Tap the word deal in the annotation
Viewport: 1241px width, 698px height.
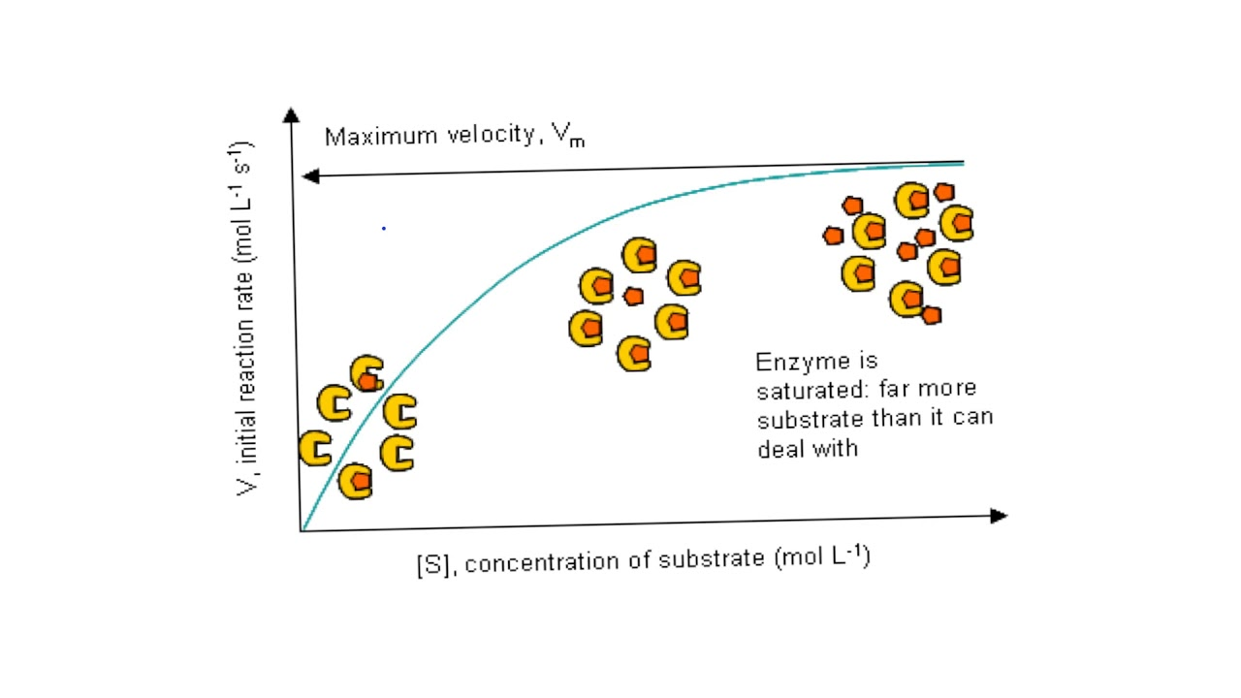coord(780,448)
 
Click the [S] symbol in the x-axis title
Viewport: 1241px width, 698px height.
coord(430,565)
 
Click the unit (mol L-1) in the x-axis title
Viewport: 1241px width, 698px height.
coord(822,558)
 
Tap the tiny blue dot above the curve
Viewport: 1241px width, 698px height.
coord(384,228)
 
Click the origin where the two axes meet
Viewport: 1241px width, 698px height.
coord(302,530)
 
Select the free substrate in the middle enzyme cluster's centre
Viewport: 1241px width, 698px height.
coord(633,296)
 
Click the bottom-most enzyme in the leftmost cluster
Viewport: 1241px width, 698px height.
coord(356,481)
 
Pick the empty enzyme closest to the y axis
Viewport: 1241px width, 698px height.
coord(315,449)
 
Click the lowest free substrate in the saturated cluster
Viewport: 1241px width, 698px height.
coord(931,314)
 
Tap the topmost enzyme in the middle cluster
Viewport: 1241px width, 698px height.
coord(640,256)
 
